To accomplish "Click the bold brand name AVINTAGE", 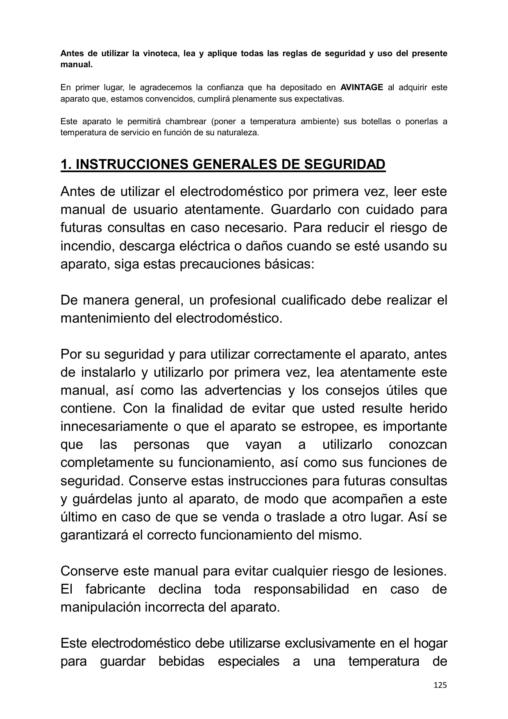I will (362, 87).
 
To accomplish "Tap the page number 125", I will (440, 685).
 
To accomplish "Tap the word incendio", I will (86, 246).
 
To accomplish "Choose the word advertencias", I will (243, 390).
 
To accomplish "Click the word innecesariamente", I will (113, 426).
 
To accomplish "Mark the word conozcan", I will (418, 444).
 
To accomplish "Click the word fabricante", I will (115, 589).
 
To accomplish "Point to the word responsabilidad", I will (301, 589).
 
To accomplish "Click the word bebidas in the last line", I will (181, 661).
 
